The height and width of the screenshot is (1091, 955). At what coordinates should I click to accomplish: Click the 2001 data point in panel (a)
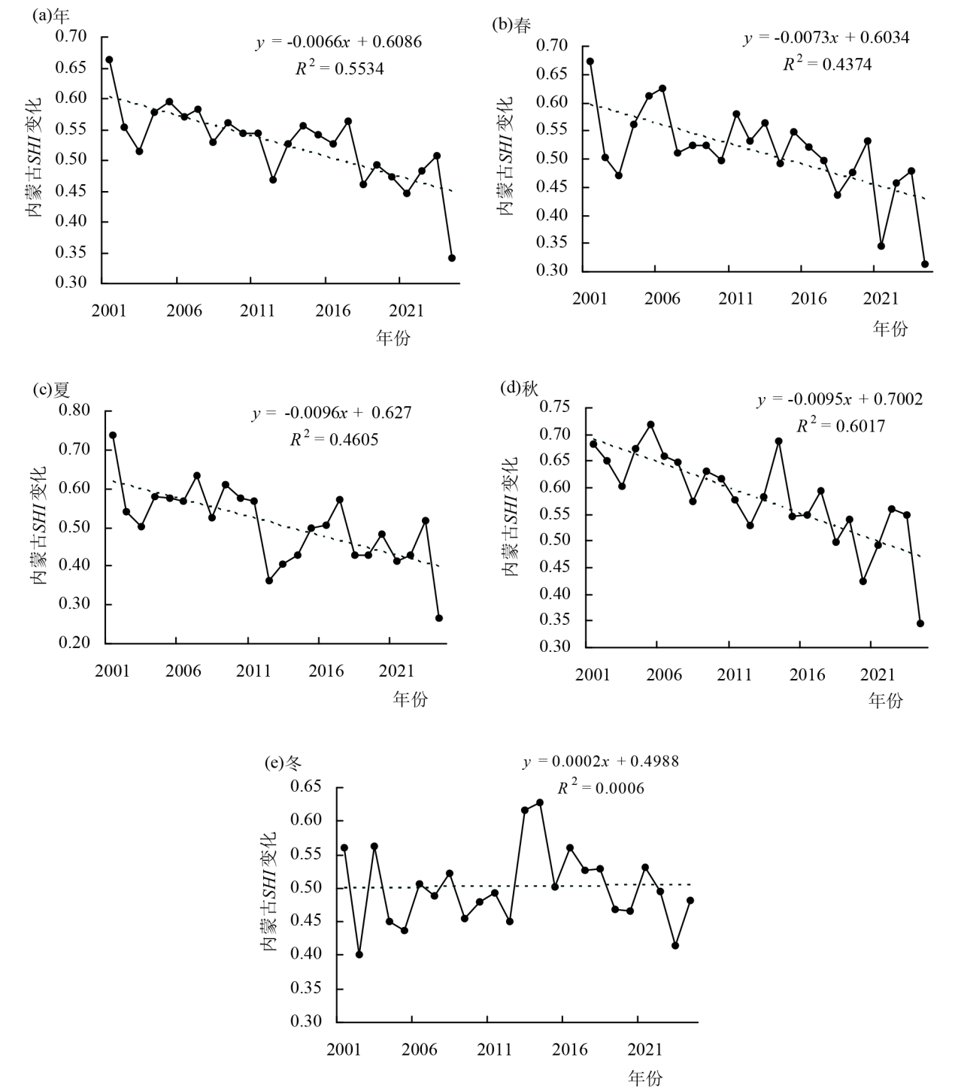[x=109, y=59]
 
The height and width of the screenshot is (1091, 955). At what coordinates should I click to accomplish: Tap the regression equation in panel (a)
[x=338, y=43]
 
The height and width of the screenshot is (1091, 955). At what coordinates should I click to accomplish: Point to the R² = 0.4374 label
[x=827, y=64]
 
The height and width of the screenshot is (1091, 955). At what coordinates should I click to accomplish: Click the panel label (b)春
[x=511, y=25]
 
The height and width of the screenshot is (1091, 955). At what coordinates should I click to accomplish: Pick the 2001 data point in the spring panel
[x=590, y=62]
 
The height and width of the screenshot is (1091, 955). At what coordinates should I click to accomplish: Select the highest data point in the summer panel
[x=113, y=435]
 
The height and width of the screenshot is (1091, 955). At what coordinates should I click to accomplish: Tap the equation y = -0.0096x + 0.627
[x=331, y=413]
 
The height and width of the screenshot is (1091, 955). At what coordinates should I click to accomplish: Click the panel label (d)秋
[x=520, y=388]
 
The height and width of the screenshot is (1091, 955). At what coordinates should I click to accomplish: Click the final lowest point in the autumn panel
[x=920, y=623]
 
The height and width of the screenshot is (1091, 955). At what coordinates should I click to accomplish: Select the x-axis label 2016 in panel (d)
[x=807, y=674]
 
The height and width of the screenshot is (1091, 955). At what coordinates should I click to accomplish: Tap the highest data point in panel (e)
[x=540, y=803]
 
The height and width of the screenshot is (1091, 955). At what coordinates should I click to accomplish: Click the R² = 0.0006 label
[x=600, y=788]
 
